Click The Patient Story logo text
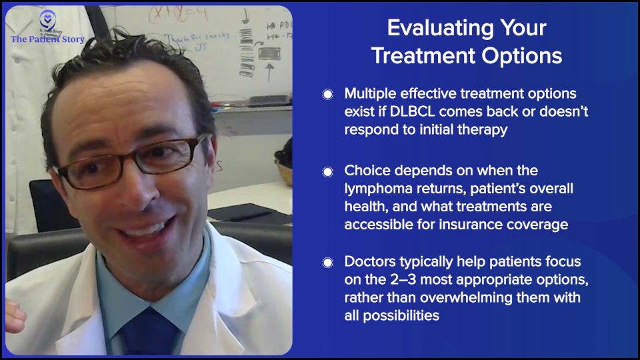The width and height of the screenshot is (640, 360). coord(47,39)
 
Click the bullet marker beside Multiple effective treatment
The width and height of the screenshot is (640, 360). coord(327,94)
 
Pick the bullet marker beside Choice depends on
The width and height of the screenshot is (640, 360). coord(327,171)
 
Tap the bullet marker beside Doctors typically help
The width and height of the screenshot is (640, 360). coord(327,262)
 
